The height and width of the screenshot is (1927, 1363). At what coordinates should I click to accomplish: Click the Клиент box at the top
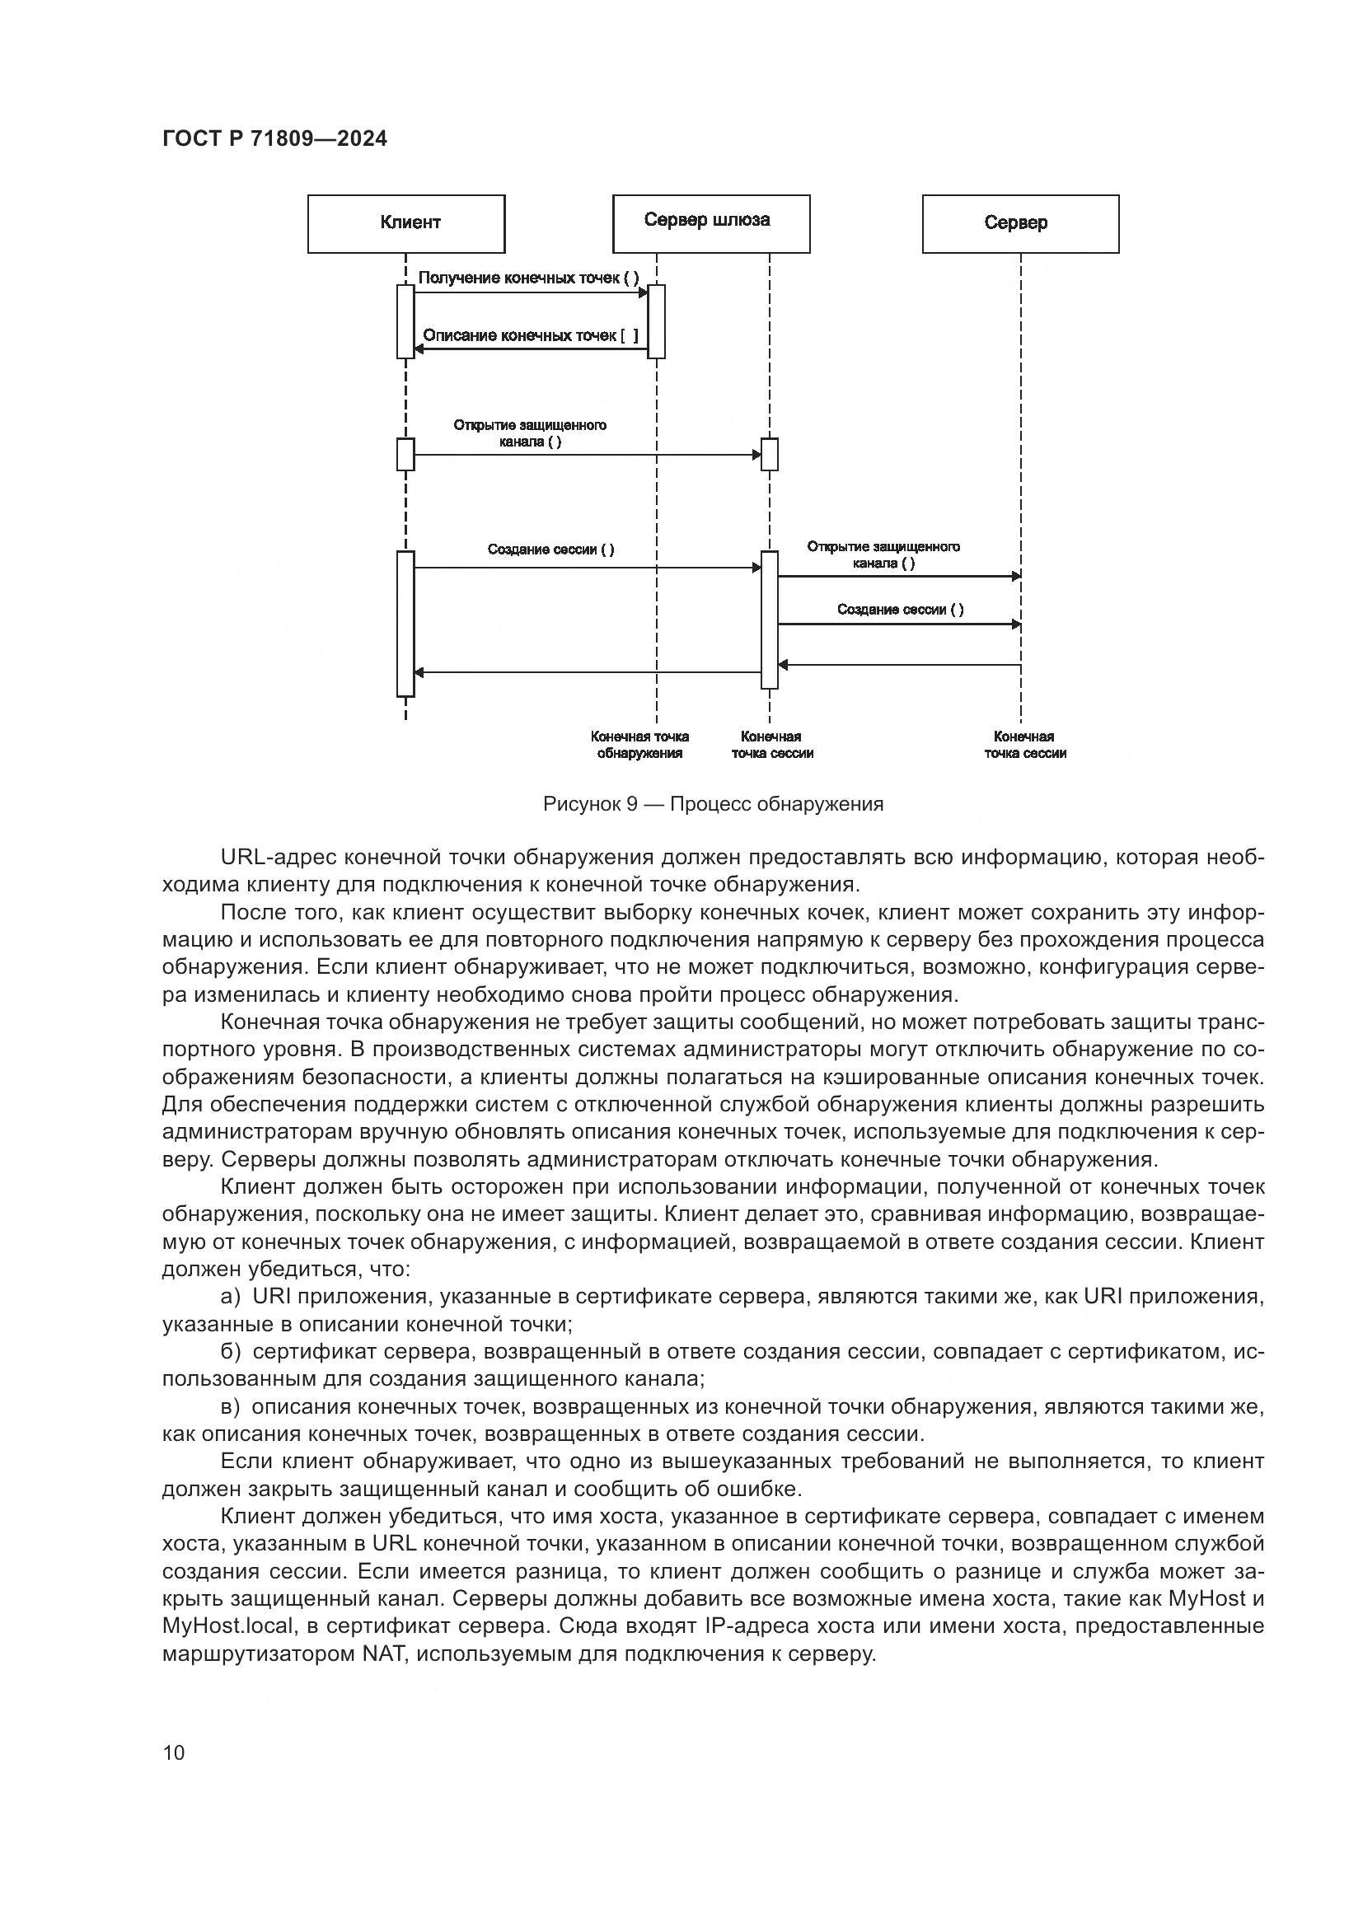point(406,224)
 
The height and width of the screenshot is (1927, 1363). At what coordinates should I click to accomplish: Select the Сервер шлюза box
point(712,224)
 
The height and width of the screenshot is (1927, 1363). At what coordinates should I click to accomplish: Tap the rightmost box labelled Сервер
point(1020,224)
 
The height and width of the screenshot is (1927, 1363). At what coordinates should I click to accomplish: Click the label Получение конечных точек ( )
point(529,278)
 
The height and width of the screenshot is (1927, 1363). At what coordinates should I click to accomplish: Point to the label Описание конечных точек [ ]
point(531,335)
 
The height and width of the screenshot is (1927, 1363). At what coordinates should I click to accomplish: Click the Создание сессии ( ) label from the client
point(550,550)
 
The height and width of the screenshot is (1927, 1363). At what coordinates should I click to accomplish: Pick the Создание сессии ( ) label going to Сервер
point(901,610)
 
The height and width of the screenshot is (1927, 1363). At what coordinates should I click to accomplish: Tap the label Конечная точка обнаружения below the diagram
point(639,745)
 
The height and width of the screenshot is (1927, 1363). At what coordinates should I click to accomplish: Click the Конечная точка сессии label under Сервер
point(1025,745)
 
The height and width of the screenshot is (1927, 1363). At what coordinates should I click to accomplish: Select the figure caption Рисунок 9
point(591,804)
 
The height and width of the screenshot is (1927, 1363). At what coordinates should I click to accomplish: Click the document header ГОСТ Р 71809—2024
point(275,139)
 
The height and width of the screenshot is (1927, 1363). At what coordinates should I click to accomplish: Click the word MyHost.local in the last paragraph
point(228,1625)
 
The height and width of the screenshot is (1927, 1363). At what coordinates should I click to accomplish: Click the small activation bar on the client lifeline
point(405,454)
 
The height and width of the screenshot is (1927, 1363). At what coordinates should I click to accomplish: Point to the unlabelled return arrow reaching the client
point(588,672)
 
